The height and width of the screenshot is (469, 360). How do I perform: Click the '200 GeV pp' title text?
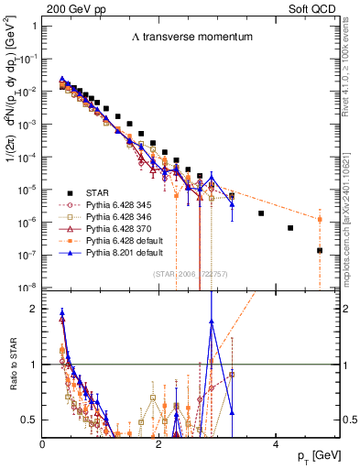click(x=69, y=7)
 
